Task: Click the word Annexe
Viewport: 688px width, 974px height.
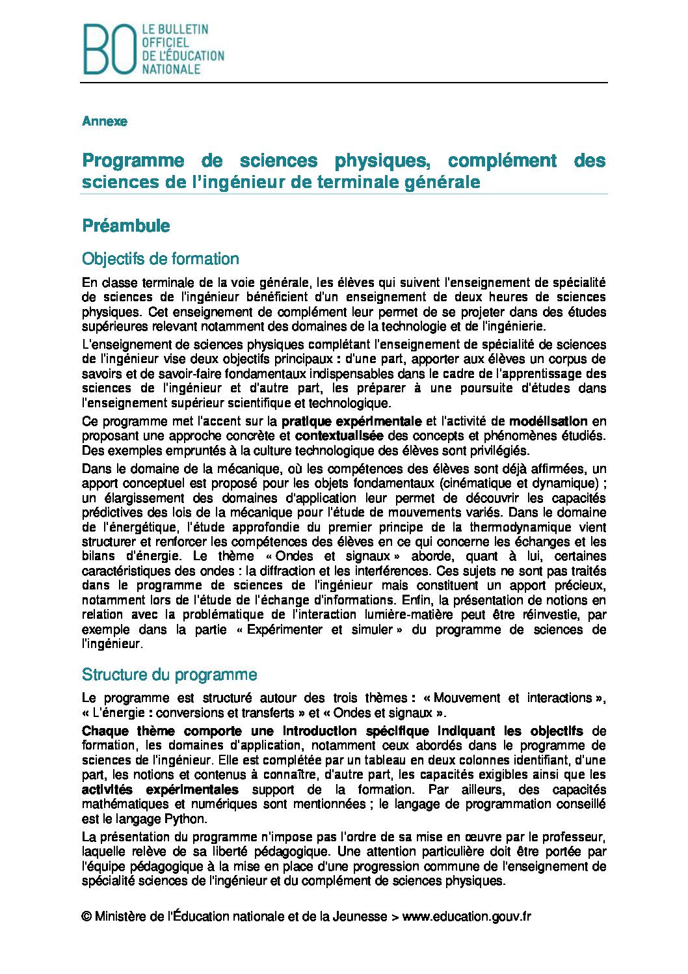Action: click(x=105, y=122)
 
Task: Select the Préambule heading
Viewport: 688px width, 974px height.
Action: click(x=126, y=226)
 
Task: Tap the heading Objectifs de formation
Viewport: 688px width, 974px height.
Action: click(x=161, y=259)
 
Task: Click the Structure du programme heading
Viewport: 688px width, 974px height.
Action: click(x=170, y=675)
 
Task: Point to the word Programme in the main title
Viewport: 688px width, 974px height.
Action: click(x=133, y=161)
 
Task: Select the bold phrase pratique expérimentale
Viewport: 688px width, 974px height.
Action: click(x=352, y=421)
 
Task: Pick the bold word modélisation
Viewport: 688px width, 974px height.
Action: click(x=548, y=421)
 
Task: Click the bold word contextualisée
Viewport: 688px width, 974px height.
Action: click(x=339, y=435)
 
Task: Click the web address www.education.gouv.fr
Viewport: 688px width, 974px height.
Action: click(x=466, y=917)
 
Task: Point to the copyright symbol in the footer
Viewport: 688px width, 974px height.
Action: click(x=86, y=917)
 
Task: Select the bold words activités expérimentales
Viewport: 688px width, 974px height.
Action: click(x=160, y=790)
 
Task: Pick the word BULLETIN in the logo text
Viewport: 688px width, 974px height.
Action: click(x=184, y=30)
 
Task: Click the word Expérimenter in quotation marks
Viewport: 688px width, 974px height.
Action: click(x=285, y=630)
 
